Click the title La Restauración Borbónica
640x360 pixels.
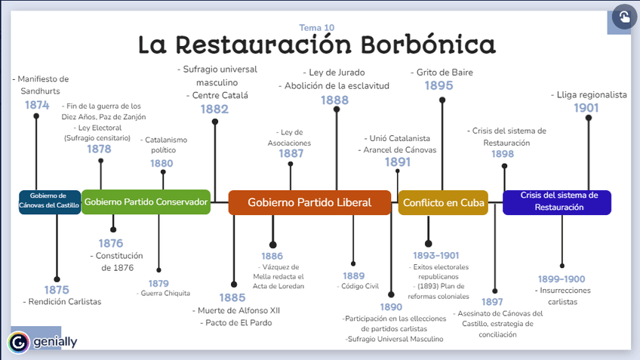pyautogui.click(x=317, y=45)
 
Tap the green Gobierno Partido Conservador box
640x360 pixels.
pyautogui.click(x=146, y=202)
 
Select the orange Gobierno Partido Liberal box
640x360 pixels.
pyautogui.click(x=309, y=202)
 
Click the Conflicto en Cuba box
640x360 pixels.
pyautogui.click(x=443, y=202)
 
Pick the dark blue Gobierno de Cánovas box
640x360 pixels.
pyautogui.click(x=49, y=202)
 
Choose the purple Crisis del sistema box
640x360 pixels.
pyautogui.click(x=557, y=202)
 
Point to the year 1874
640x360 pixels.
pyautogui.click(x=36, y=105)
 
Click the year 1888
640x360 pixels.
pyautogui.click(x=334, y=100)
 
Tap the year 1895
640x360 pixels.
pyautogui.click(x=438, y=86)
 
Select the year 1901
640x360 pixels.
pyautogui.click(x=586, y=108)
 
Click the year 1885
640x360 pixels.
pyautogui.click(x=232, y=297)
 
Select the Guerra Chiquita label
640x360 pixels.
pyautogui.click(x=165, y=293)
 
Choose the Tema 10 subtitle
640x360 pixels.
pyautogui.click(x=317, y=28)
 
